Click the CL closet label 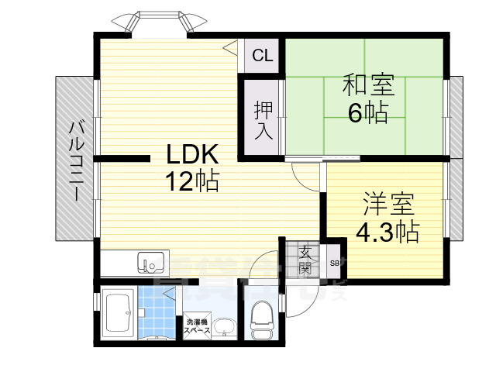pos(262,56)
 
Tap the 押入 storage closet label pos(263,121)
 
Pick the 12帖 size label pos(191,182)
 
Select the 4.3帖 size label pos(387,231)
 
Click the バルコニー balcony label pos(74,161)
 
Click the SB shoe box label pos(335,263)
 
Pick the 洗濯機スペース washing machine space pos(196,326)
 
